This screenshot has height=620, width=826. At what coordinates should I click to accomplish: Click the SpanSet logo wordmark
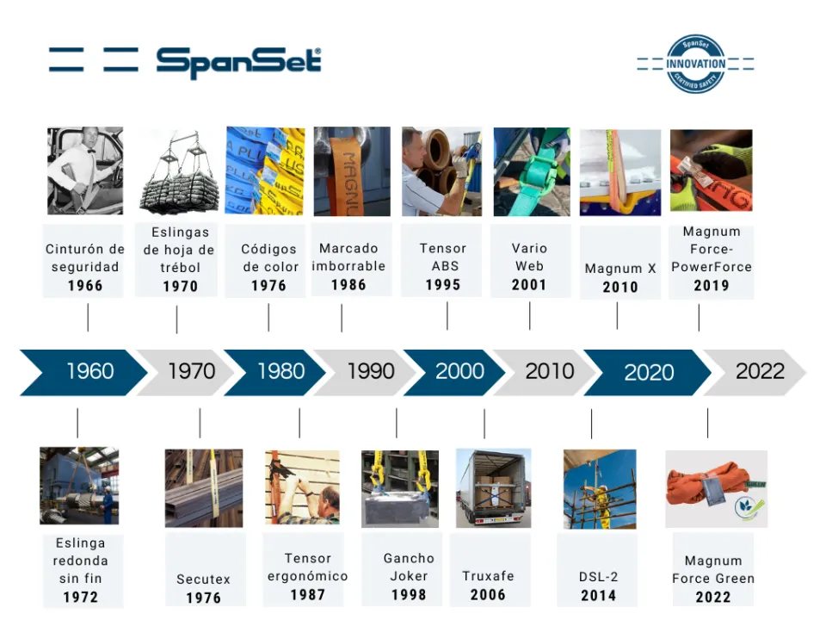pos(238,63)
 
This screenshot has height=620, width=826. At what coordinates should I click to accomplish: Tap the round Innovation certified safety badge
pos(695,64)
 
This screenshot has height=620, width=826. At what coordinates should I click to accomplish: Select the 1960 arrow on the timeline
pos(83,372)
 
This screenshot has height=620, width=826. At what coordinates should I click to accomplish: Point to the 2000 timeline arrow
pos(454,372)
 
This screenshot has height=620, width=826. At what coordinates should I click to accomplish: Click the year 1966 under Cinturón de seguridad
pos(85,286)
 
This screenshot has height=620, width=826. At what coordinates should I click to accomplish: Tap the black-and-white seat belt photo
pos(85,170)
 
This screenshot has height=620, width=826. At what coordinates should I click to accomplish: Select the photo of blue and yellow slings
pos(265,170)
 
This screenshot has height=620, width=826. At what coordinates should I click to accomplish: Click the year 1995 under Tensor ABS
pos(443,285)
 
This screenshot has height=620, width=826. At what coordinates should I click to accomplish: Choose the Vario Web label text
pos(529,257)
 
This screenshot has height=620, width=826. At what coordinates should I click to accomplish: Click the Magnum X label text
pos(620,269)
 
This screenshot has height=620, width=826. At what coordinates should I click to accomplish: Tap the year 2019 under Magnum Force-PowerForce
pos(712,285)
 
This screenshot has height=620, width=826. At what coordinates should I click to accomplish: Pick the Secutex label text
pos(203,580)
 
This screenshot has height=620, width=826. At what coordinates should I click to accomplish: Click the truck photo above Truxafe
pos(493,488)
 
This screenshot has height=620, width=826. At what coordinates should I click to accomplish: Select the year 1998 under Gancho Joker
pos(409,595)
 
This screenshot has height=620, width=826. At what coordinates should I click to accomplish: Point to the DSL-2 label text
pos(599,577)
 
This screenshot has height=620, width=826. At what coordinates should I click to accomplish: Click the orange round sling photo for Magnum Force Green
pos(716,489)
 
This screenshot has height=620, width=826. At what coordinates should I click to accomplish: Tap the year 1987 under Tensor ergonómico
pos(308,595)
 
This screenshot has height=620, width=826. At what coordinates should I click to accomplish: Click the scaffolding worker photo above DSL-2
pos(600,489)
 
